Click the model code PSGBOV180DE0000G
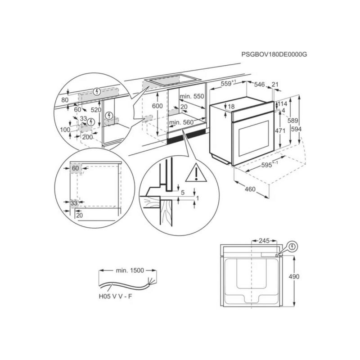click(274, 54)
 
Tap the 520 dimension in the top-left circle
click(95, 110)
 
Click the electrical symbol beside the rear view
click(293, 247)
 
